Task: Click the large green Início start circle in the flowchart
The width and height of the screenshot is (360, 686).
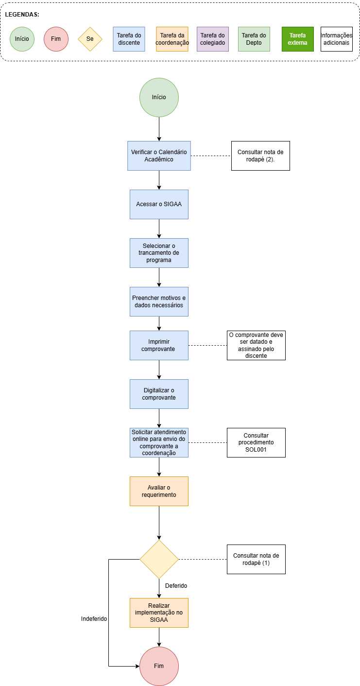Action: click(159, 97)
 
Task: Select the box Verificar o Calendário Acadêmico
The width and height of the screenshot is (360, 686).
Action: click(159, 156)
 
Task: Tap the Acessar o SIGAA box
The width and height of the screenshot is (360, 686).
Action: click(159, 204)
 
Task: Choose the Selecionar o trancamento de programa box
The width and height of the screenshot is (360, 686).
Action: click(159, 253)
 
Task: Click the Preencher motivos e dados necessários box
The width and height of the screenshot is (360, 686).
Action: click(159, 301)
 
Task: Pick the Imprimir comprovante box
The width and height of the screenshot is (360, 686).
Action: click(159, 346)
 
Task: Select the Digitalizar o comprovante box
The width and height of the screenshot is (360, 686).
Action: click(159, 394)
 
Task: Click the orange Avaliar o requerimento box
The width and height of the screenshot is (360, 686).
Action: click(159, 491)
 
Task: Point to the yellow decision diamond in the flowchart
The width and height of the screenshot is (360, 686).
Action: click(159, 559)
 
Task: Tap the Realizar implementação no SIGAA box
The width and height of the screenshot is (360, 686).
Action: click(159, 613)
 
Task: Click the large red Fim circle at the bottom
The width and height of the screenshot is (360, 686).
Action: click(159, 666)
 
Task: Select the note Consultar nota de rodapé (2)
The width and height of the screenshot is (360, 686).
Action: click(260, 156)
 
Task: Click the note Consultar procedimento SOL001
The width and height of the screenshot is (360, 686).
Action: click(256, 442)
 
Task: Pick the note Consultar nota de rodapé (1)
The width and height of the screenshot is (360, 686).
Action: click(256, 559)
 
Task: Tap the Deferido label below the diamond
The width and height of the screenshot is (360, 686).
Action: click(176, 586)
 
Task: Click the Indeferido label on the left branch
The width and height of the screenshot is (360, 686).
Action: click(94, 619)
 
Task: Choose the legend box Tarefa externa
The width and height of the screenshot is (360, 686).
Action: click(297, 39)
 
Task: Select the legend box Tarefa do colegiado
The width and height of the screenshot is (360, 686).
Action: click(213, 39)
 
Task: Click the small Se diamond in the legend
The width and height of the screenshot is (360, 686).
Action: click(90, 39)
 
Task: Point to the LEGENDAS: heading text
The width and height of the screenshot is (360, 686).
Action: click(22, 15)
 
